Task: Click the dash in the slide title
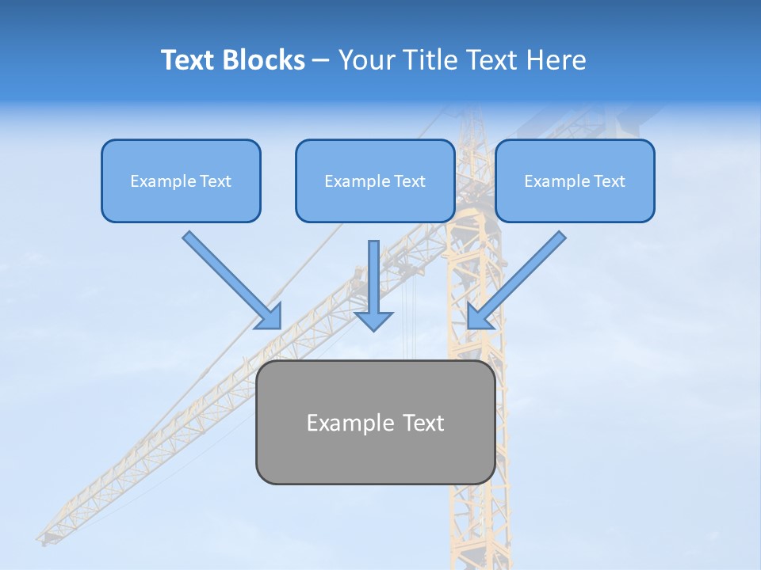[x=321, y=61]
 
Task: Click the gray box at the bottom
[x=375, y=459]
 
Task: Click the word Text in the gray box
[x=423, y=423]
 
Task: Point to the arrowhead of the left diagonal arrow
[x=270, y=317]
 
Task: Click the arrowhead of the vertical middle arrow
[x=373, y=320]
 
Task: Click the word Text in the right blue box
[x=610, y=181]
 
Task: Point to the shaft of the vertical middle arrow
[x=373, y=273]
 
